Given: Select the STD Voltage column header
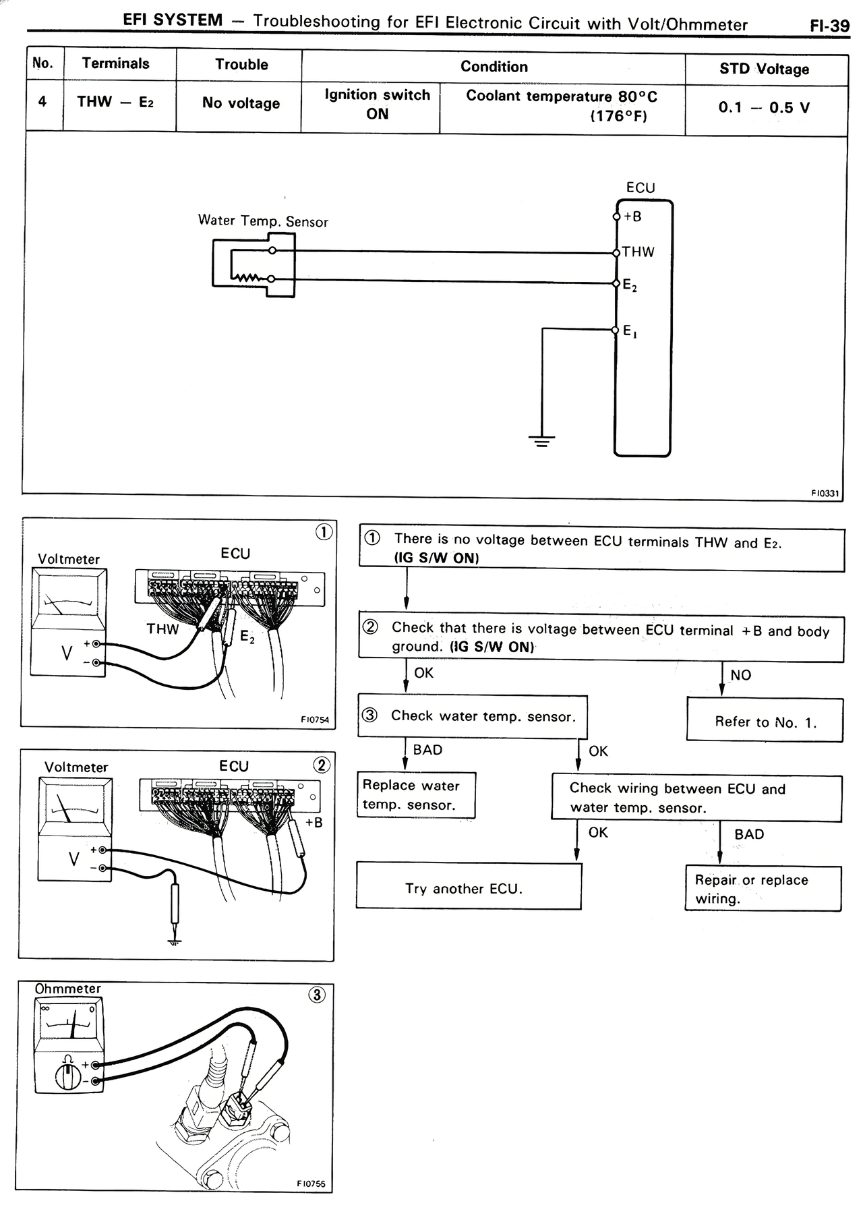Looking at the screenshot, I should (x=764, y=69).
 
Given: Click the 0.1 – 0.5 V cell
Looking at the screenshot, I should (x=764, y=108).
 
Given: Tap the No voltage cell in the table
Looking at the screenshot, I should (x=241, y=103).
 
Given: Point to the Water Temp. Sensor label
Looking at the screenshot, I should (x=263, y=221).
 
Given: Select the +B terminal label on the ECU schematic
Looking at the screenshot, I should (x=632, y=217).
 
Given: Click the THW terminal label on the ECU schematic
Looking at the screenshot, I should (x=638, y=252).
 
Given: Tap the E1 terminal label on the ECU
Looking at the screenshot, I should (x=630, y=331).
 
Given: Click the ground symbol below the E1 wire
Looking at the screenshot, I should (x=541, y=442).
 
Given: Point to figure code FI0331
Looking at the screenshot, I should (x=825, y=493).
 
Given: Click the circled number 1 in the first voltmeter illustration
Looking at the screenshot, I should (x=324, y=532).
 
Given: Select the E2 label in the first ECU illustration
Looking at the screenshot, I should (x=247, y=636).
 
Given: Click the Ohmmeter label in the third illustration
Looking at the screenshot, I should (x=67, y=989).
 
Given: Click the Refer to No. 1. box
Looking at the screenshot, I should (x=765, y=722).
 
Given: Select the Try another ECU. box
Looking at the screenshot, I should (x=468, y=888).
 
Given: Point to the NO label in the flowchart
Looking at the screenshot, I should (x=740, y=675).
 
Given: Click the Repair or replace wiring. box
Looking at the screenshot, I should (x=763, y=889).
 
